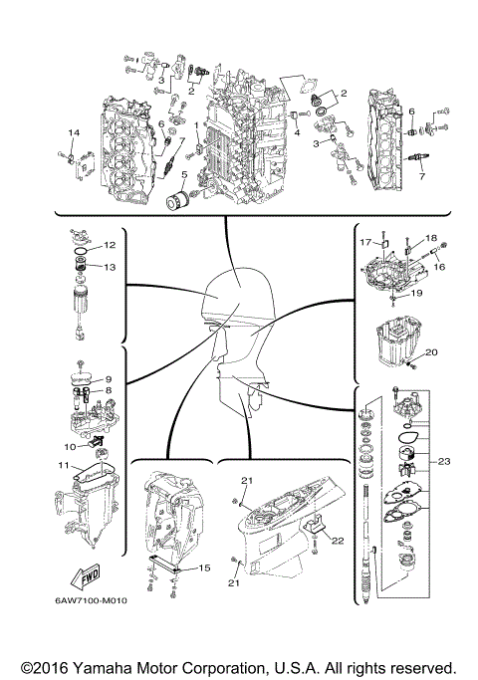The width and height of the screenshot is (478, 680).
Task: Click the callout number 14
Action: [x=73, y=132]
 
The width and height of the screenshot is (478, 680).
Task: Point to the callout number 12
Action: [x=111, y=245]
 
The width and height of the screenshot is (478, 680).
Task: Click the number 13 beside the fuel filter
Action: [x=112, y=267]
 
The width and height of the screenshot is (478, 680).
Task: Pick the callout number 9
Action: [x=110, y=379]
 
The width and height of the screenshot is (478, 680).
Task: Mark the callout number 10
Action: [x=72, y=446]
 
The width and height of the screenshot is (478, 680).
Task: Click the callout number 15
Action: [x=204, y=567]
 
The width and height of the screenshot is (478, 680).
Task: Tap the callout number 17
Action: [x=366, y=242]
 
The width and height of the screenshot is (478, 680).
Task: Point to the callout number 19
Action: [x=418, y=294]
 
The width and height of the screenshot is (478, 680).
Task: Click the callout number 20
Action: [x=431, y=352]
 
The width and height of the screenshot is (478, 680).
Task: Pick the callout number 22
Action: [x=339, y=540]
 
